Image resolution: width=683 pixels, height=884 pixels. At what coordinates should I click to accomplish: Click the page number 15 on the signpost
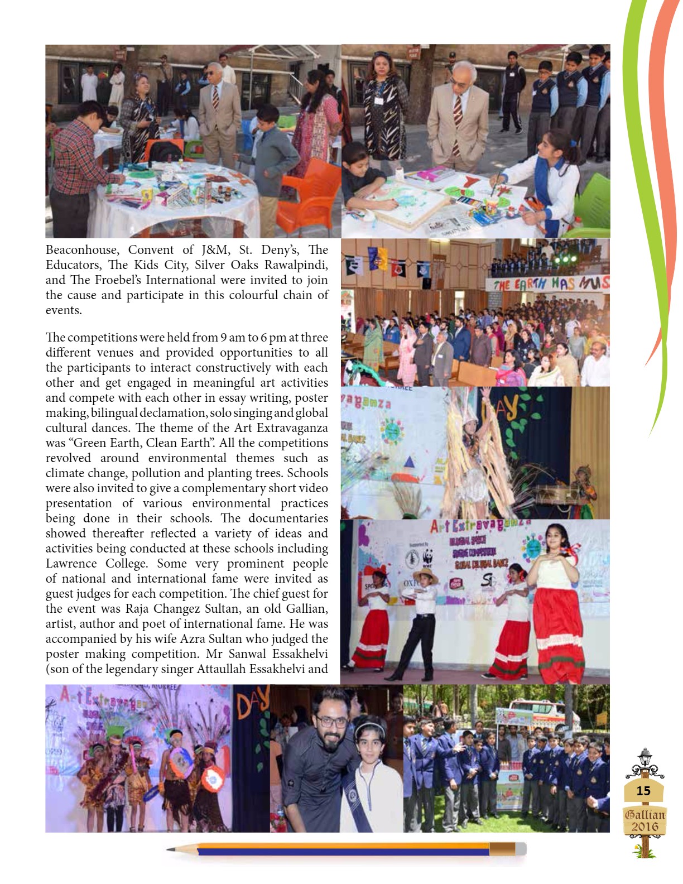pos(643,791)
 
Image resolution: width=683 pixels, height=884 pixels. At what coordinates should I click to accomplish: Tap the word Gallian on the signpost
pos(645,814)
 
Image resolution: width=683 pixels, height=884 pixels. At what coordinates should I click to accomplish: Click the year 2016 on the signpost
pos(645,827)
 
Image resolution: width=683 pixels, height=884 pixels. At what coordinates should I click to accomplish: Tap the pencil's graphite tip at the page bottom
pos(170,850)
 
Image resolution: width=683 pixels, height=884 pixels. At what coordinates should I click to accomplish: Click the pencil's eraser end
pos(520,849)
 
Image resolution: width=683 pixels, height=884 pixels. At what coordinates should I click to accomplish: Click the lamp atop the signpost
pos(644,756)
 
